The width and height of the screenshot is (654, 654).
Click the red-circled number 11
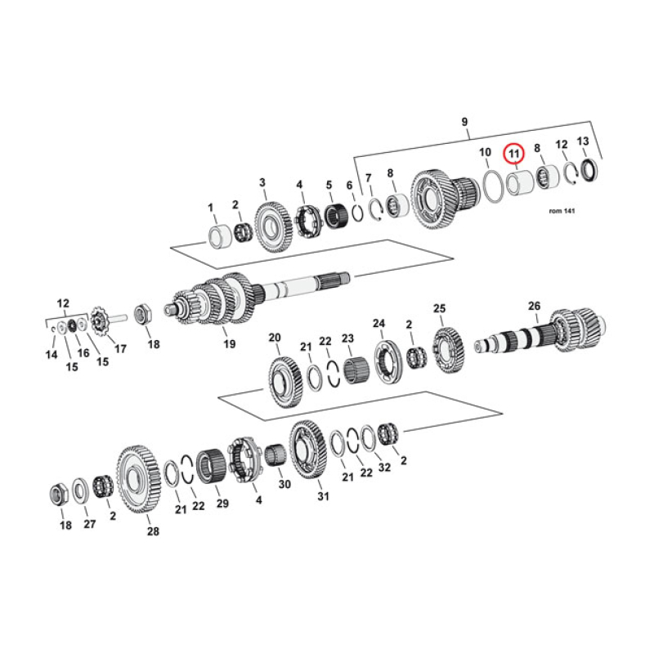[x=513, y=152]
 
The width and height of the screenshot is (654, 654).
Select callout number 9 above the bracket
[x=464, y=123]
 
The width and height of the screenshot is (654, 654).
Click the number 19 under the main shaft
[x=229, y=344]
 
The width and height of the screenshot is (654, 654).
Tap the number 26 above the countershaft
[x=533, y=306]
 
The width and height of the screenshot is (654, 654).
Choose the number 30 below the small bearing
[x=284, y=484]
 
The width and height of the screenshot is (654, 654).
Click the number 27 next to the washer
[x=89, y=523]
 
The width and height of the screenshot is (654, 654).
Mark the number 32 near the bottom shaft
[x=385, y=468]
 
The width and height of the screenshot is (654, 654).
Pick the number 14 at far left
[x=52, y=354]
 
